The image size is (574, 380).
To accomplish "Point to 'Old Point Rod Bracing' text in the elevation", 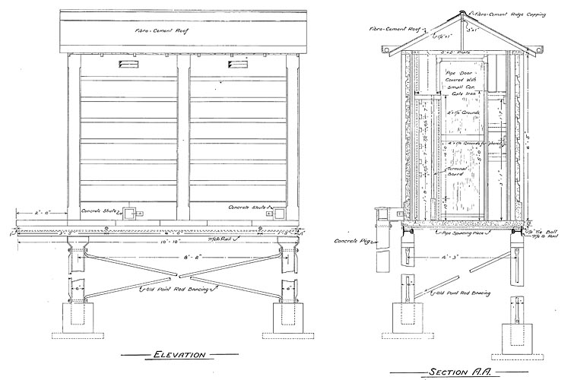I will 174,289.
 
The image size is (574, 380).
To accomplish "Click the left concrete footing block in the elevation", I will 80,321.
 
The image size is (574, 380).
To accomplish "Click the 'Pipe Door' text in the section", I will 457,71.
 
